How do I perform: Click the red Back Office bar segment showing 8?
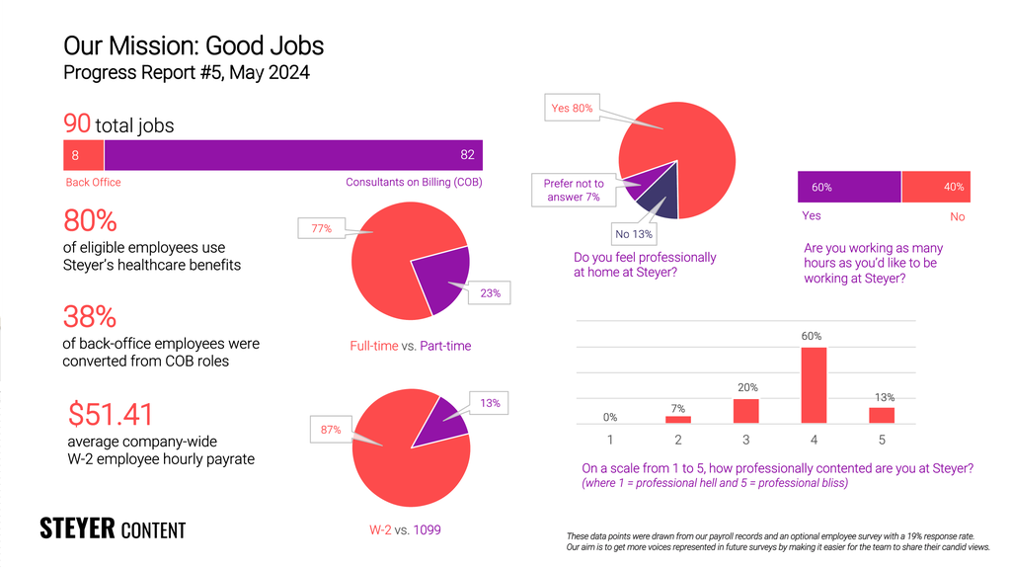tap(83, 155)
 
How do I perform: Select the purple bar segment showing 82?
tap(293, 155)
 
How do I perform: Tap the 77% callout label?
tap(321, 229)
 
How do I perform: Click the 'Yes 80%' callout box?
tap(572, 108)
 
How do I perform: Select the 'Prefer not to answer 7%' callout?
tap(574, 191)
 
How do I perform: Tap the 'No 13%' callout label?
tap(635, 234)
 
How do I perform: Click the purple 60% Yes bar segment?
tap(849, 187)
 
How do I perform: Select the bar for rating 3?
tap(746, 410)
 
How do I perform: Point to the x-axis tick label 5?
tap(881, 439)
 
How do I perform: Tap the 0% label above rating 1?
tap(610, 416)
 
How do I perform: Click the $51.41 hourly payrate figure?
tap(111, 413)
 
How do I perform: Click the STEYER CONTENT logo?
tap(112, 528)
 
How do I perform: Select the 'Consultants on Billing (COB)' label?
tap(414, 183)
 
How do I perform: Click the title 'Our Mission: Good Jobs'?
tap(194, 45)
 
